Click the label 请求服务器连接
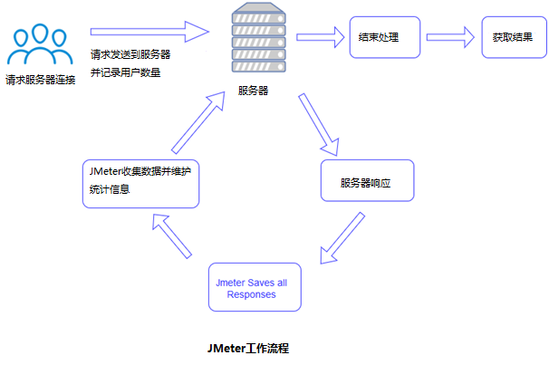[x=40, y=80]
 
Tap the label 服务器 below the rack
[x=253, y=91]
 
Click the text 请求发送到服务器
[x=130, y=54]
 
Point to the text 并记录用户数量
[x=126, y=72]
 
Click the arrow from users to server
[x=149, y=34]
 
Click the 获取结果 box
[x=512, y=38]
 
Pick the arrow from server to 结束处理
[x=320, y=38]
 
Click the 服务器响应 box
[x=367, y=181]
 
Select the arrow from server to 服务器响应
[x=317, y=121]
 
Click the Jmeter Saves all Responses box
[x=254, y=288]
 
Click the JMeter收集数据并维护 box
[x=140, y=184]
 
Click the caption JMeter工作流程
[x=247, y=347]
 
